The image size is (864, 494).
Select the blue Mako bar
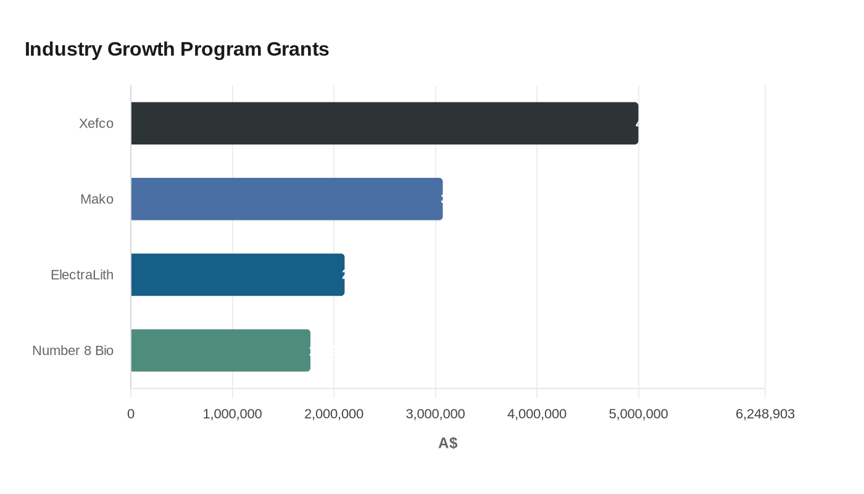(286, 199)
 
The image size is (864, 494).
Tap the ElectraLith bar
(238, 275)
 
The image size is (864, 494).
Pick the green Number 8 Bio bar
(220, 350)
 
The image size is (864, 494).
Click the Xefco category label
(96, 124)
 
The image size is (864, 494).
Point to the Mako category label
(97, 199)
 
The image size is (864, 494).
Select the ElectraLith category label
(82, 275)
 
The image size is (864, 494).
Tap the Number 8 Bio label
(73, 350)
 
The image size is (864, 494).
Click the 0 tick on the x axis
(131, 414)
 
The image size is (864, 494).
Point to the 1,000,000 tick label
(232, 414)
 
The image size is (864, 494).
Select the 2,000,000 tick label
(334, 414)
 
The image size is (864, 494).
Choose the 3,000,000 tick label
(435, 414)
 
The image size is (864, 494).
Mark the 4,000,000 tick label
(537, 414)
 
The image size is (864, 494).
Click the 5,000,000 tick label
(638, 414)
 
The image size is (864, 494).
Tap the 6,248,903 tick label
(765, 414)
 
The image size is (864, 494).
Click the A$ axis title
(448, 443)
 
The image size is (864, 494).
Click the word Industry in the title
(63, 49)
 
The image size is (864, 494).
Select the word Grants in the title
(298, 49)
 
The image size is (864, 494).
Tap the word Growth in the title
(141, 49)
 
